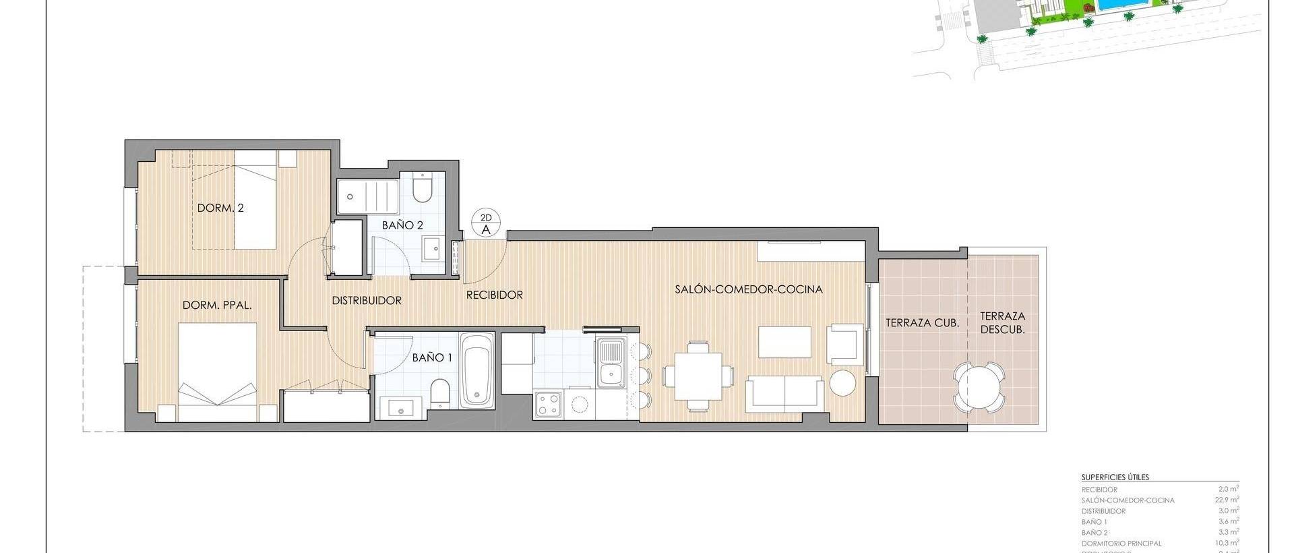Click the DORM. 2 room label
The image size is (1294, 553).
point(220,208)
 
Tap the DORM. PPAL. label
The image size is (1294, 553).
point(217,305)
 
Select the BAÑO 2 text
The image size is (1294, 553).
point(402,225)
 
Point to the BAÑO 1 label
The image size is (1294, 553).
point(432,357)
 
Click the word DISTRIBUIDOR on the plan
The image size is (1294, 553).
point(367,301)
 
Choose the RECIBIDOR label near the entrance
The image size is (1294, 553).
point(495,295)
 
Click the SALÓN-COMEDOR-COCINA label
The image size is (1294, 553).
point(749,289)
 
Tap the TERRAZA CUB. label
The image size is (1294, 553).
point(922,323)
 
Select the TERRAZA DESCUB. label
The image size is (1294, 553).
point(1003,322)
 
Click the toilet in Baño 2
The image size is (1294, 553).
point(422,190)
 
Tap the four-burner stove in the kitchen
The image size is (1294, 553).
point(548,404)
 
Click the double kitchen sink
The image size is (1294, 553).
point(611,362)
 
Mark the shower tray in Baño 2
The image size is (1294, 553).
point(368,196)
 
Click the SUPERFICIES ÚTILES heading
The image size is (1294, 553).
point(1115,477)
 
